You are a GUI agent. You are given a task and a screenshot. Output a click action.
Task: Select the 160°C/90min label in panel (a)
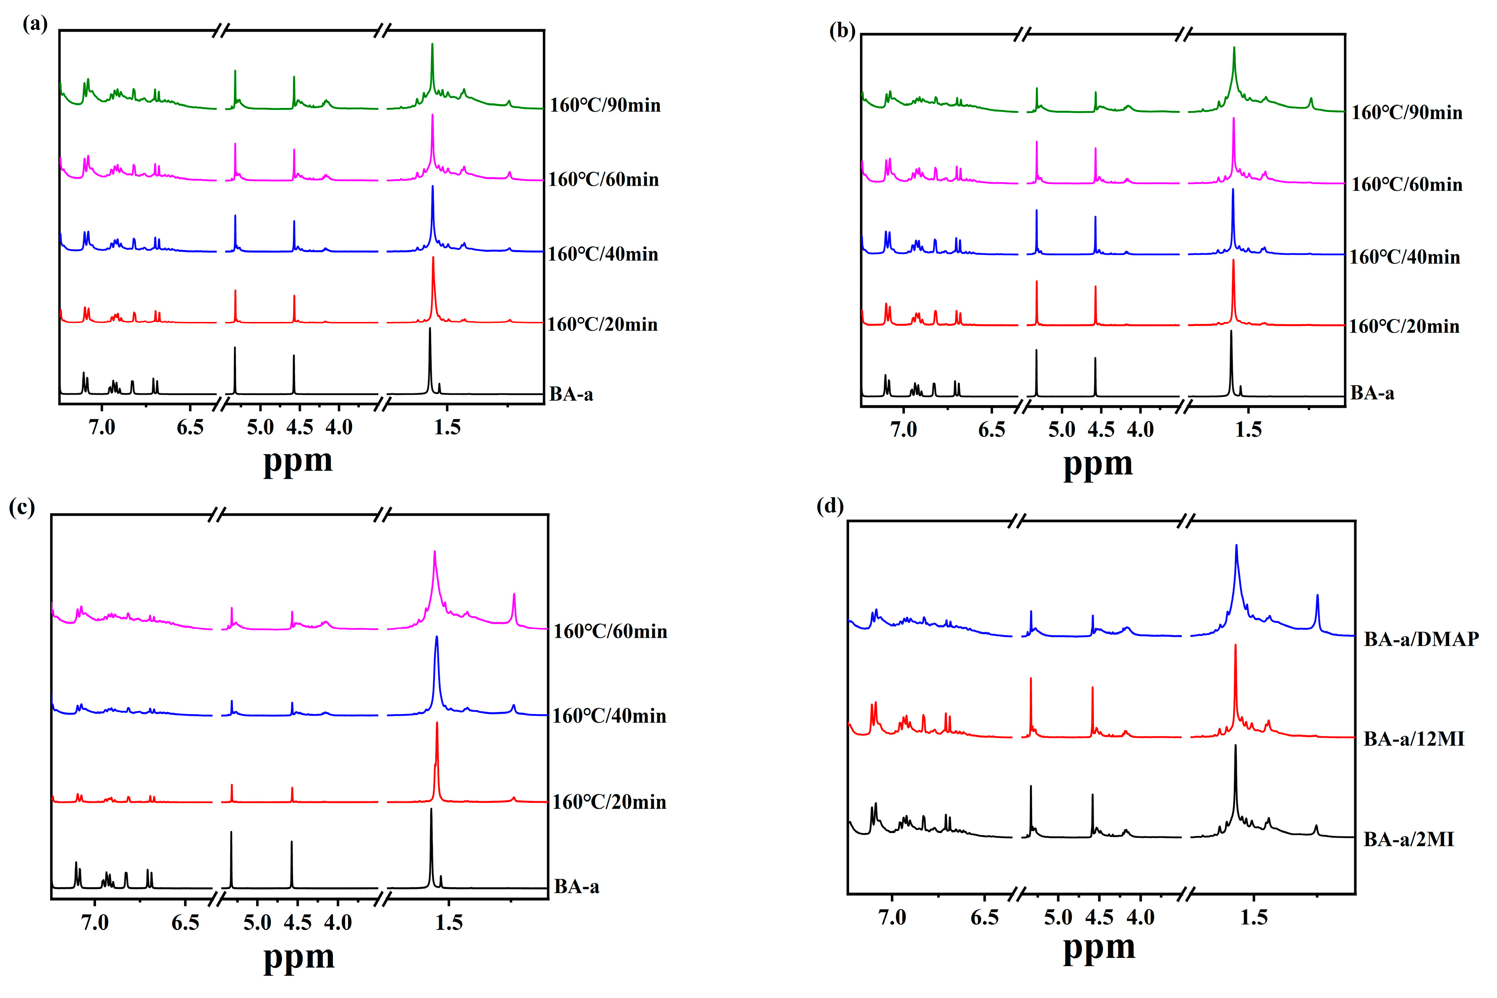[605, 105]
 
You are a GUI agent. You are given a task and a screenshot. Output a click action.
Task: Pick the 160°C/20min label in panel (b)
[1403, 327]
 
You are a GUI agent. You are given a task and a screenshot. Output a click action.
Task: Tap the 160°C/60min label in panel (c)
[610, 631]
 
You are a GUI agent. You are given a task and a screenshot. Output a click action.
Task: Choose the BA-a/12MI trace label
[1414, 739]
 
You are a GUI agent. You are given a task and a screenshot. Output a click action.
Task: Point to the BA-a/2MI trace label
[1408, 840]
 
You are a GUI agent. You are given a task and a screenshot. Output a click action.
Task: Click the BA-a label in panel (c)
[576, 886]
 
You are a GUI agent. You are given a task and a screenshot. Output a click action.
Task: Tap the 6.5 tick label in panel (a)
[190, 427]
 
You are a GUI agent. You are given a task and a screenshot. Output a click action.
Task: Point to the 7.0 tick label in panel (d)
[892, 917]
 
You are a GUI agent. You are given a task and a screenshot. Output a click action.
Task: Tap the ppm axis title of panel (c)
[299, 957]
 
